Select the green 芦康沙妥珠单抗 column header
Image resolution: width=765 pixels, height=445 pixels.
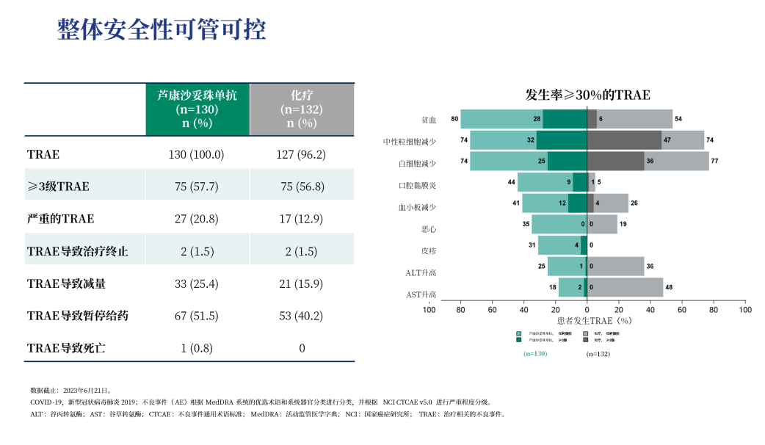(x=197, y=109)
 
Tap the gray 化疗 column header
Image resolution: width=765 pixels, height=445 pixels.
(x=302, y=109)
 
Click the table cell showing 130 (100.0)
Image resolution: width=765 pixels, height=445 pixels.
(x=196, y=154)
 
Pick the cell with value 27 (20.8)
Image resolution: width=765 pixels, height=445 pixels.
(x=196, y=219)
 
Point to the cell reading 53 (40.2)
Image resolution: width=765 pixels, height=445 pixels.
(x=302, y=316)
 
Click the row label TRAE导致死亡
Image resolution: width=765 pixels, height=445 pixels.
(x=66, y=348)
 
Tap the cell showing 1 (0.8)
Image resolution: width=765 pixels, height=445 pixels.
(x=196, y=348)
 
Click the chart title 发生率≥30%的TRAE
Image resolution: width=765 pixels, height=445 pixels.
(x=587, y=95)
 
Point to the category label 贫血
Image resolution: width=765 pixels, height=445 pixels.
(x=429, y=120)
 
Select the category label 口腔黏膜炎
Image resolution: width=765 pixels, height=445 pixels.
(x=417, y=185)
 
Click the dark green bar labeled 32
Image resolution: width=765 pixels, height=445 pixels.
(x=562, y=140)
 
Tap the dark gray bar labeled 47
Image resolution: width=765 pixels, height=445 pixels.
(x=624, y=140)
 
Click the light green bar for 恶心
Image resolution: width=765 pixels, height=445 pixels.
(x=559, y=224)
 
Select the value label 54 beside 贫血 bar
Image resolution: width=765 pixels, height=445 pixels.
(x=678, y=119)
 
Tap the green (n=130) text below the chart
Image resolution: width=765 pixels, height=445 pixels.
(x=535, y=353)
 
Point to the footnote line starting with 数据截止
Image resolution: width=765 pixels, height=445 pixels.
(x=70, y=391)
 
